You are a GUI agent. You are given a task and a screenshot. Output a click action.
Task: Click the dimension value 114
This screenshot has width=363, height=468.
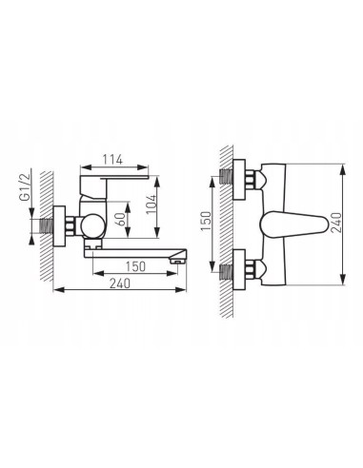coord(112,160)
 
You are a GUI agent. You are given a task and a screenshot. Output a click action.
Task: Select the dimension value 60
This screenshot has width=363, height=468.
coord(121,219)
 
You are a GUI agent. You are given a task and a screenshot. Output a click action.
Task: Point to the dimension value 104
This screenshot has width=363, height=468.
coord(151,204)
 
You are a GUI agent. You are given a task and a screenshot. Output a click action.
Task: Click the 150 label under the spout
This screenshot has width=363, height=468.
coord(135,266)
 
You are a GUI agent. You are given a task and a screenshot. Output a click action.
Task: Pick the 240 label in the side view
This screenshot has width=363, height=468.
coord(120,283)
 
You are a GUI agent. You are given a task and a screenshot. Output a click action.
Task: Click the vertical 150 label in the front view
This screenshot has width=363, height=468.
coord(206,221)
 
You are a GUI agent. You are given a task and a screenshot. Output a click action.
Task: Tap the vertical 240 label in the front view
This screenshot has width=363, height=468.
coord(335,223)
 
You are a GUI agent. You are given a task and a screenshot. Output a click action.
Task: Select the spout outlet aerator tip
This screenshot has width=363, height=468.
coord(177,261)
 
